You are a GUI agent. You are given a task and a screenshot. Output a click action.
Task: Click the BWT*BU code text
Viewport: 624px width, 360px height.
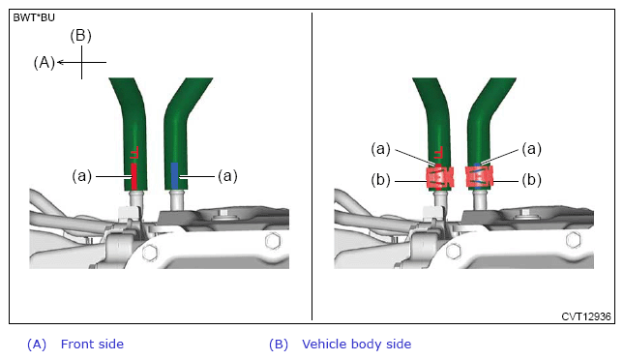[34, 18]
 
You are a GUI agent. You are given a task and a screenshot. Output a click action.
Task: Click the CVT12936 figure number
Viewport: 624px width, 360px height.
[586, 316]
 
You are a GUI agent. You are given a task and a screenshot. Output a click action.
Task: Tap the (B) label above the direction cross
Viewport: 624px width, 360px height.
[81, 36]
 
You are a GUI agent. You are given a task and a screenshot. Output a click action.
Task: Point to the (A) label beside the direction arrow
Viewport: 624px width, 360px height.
[45, 63]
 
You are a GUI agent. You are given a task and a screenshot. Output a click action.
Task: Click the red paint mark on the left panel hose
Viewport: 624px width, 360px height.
[134, 176]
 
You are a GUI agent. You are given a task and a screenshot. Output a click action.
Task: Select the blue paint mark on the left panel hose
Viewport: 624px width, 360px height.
[174, 175]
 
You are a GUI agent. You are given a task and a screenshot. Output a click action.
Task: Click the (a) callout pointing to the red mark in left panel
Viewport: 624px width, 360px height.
[81, 175]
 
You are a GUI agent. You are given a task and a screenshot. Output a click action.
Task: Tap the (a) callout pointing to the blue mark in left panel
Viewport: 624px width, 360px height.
[227, 175]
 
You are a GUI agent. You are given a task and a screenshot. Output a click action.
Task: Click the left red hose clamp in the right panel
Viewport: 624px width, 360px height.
[440, 178]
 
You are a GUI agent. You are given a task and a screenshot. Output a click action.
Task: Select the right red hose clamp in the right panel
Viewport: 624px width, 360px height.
[480, 176]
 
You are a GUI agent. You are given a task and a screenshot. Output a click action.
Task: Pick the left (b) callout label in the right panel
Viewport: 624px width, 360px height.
[381, 180]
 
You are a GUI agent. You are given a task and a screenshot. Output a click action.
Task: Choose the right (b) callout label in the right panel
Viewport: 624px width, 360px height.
[532, 180]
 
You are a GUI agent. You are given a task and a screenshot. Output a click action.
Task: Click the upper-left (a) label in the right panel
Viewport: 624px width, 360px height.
[381, 149]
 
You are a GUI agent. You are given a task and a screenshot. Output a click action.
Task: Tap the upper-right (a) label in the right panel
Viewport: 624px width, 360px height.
[532, 149]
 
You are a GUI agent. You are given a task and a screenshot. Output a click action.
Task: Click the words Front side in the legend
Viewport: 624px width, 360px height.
[92, 345]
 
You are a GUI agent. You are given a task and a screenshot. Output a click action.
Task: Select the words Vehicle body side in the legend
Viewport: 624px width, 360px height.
[357, 345]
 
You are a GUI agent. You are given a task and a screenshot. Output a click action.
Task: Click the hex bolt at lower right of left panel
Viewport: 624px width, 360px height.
[273, 241]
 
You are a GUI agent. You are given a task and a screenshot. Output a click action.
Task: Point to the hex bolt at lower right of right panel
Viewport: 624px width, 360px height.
[573, 240]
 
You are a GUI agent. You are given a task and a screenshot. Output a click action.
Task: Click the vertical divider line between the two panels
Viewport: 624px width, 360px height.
[312, 166]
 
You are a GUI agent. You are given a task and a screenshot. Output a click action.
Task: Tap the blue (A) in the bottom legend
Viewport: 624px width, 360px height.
[37, 345]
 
